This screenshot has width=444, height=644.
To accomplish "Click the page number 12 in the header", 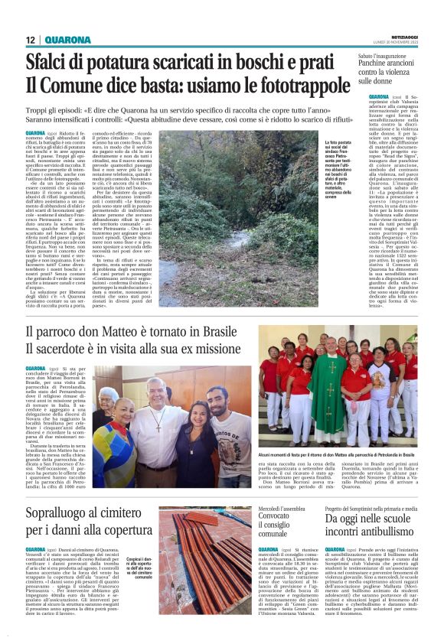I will click(x=31, y=40).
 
